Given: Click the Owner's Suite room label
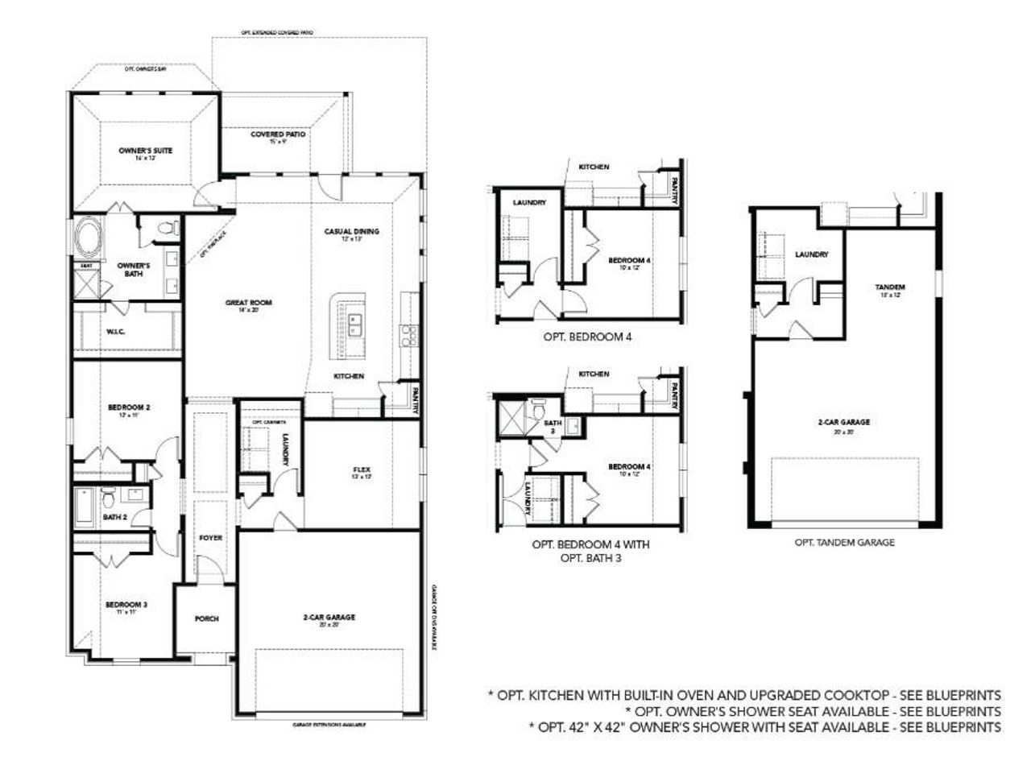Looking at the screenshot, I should [145, 151].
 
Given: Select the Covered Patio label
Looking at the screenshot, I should [278, 134].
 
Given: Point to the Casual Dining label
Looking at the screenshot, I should [351, 231].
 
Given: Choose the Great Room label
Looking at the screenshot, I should [248, 303].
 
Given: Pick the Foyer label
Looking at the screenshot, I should [210, 537].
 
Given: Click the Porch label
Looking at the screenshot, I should [207, 618].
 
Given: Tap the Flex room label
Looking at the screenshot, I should [361, 469].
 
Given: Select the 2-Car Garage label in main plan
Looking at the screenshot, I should [329, 618].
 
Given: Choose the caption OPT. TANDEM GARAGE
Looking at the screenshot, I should [844, 543].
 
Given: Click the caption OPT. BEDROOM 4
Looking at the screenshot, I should [586, 337].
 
